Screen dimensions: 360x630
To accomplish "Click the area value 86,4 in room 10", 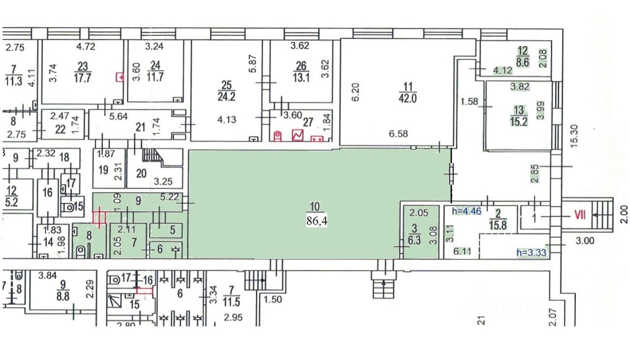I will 317,221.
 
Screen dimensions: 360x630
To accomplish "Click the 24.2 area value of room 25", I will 229,97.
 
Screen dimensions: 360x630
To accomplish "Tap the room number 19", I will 103,170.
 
